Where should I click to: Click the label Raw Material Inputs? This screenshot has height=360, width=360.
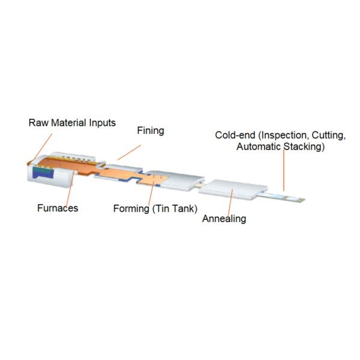point(72,123)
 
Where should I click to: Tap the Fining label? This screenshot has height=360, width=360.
point(151,130)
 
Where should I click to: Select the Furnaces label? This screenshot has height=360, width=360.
point(58,208)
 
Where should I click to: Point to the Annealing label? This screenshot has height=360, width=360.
point(224,218)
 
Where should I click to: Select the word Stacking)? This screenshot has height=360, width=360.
point(304,146)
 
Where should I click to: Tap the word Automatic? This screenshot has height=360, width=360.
point(259,146)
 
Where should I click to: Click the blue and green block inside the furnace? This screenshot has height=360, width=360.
point(43,172)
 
